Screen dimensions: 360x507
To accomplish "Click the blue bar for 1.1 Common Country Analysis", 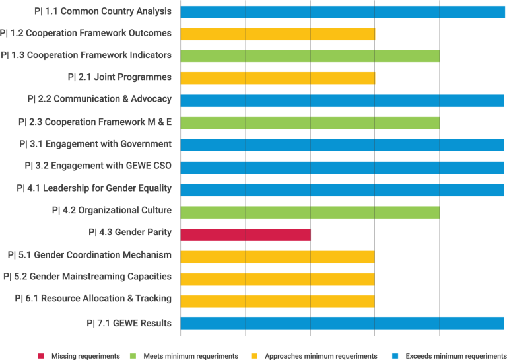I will pos(342,12).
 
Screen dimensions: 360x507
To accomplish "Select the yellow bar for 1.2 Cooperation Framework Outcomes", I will pos(277,34).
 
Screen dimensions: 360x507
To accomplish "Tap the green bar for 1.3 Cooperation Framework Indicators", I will pos(310,56).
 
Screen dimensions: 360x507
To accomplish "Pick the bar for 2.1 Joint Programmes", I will pos(277,78).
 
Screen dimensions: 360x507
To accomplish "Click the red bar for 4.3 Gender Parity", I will pos(245,234).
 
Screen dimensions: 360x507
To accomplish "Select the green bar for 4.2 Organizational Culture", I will pos(310,211).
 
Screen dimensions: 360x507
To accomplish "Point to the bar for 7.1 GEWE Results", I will pos(342,323).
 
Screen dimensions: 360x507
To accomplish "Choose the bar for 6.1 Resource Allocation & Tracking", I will pos(277,301).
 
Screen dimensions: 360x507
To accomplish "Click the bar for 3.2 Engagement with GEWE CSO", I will pos(342,167).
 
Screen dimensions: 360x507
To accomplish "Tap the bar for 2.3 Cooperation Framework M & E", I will pos(310,122).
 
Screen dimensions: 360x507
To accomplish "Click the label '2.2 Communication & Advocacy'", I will pos(100,99).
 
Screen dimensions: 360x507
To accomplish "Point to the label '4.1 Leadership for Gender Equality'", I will pos(94,188).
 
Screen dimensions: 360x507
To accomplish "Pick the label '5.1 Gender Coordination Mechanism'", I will pos(89,255).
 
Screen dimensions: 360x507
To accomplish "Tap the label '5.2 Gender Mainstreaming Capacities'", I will pos(87,277).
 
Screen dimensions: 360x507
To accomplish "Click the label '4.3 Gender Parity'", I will pos(130,233).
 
